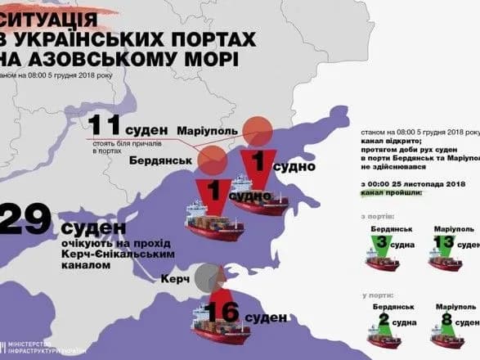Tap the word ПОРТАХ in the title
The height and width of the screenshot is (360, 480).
(x=213, y=39)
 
